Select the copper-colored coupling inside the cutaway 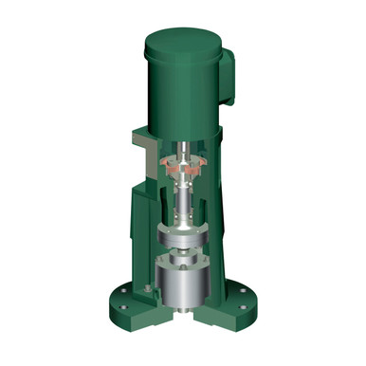[x=182, y=163]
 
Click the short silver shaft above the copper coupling [x=182, y=144]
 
